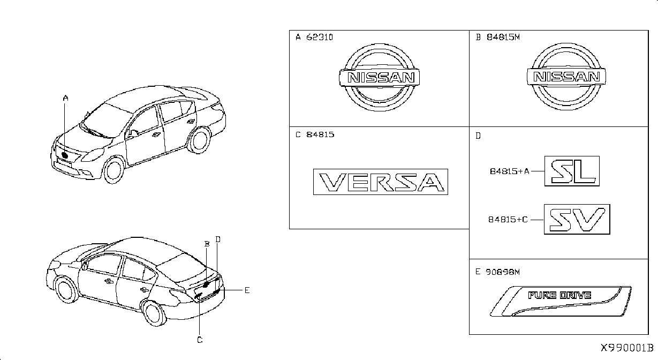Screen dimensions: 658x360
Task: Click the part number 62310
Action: [320, 37]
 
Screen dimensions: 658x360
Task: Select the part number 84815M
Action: [503, 37]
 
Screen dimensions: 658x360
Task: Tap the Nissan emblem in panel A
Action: [380, 78]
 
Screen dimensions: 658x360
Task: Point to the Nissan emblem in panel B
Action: [566, 77]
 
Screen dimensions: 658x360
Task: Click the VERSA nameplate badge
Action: [381, 182]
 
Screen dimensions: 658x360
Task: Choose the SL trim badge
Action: [572, 171]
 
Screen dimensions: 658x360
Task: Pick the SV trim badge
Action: [577, 219]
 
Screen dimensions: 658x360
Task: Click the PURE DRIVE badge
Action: [561, 301]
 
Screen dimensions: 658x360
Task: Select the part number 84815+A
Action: [510, 171]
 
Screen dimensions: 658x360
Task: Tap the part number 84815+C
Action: [508, 220]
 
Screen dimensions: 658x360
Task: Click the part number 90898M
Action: [503, 272]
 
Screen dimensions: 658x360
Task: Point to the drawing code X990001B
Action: [627, 348]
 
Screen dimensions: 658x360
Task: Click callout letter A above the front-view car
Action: [65, 98]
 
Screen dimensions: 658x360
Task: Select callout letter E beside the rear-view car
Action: [247, 290]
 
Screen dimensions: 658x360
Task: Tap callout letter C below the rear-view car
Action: [200, 340]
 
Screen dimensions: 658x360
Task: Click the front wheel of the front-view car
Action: [114, 170]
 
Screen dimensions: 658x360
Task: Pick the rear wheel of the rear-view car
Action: [154, 313]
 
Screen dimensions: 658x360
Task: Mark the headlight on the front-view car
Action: [93, 155]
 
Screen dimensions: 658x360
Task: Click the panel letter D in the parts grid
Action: [478, 136]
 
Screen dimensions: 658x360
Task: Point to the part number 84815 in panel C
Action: [320, 134]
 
